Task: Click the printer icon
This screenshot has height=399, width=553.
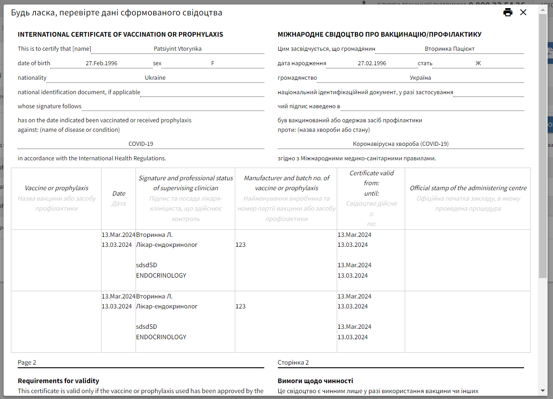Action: (508, 12)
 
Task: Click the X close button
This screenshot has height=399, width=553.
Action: (523, 12)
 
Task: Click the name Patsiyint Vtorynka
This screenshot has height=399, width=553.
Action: (177, 48)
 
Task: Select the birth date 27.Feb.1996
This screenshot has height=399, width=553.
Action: (102, 63)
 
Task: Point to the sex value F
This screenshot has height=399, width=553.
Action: (213, 63)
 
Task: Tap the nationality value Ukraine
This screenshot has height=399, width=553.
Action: (155, 77)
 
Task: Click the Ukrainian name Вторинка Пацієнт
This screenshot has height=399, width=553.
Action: (449, 48)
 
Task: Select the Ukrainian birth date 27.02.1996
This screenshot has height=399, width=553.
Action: (372, 63)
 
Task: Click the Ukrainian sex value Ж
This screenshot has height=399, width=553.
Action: (478, 63)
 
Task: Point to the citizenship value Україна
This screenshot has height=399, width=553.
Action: (420, 77)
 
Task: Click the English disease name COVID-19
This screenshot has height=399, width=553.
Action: (141, 144)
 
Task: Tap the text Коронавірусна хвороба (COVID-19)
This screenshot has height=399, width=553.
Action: (401, 144)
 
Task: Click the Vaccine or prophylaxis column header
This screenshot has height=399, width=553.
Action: (56, 188)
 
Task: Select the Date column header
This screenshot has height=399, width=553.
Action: (119, 193)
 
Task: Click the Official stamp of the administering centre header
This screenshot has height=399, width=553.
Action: (468, 188)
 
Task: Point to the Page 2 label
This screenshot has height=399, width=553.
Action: (27, 362)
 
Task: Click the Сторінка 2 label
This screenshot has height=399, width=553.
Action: (293, 362)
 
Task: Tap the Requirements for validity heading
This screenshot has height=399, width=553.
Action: (58, 381)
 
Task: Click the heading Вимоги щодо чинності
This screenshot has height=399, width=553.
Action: (315, 381)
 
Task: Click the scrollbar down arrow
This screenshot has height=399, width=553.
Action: (543, 390)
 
